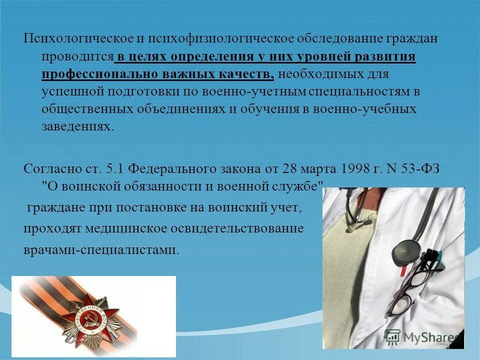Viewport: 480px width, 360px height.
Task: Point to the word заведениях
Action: coord(77,126)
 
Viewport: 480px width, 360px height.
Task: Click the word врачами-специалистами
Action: coord(100,249)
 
